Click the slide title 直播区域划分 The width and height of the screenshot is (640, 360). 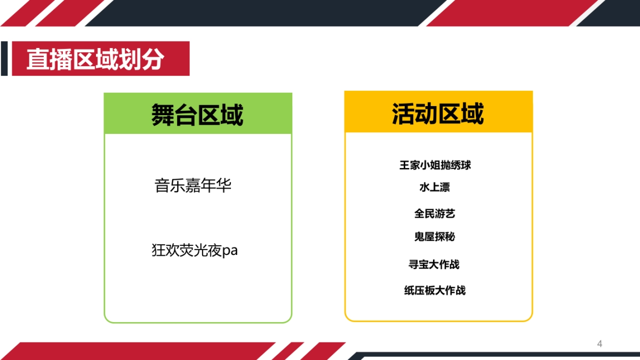(95, 59)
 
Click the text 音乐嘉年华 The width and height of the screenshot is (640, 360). (193, 186)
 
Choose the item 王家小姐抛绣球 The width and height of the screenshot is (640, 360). (435, 165)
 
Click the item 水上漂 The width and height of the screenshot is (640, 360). (435, 188)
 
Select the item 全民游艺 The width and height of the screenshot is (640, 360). (435, 214)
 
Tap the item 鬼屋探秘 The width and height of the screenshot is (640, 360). (435, 237)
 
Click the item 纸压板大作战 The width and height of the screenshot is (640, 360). (435, 291)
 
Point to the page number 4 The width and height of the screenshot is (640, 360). (599, 344)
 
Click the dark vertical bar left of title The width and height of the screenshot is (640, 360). (4, 59)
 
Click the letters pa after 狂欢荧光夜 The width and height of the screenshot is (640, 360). (230, 251)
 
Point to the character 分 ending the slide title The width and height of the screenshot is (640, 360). (153, 59)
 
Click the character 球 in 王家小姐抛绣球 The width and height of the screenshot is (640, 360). (466, 165)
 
